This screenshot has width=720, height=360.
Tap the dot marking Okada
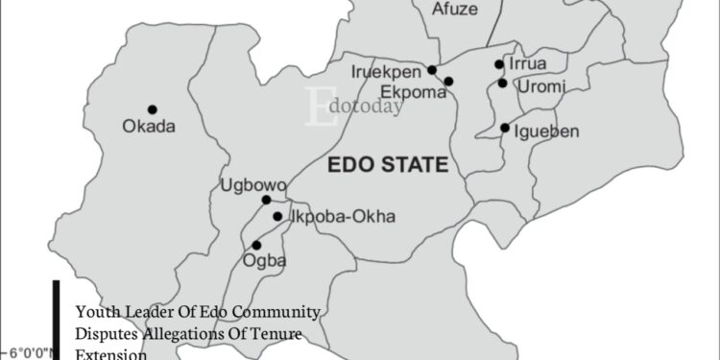(x=152, y=109)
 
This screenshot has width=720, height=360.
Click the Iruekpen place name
(x=390, y=70)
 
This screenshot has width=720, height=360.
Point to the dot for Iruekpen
(x=433, y=69)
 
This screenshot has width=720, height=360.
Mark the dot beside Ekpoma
(x=448, y=81)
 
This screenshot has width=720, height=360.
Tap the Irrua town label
(x=529, y=63)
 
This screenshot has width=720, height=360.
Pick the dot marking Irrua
(x=499, y=64)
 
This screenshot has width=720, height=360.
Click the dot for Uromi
(x=502, y=84)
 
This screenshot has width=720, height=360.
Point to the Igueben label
(x=546, y=131)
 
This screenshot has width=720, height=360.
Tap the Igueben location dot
(x=505, y=128)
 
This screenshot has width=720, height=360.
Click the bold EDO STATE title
(x=388, y=165)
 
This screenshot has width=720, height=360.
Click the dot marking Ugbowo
(x=266, y=200)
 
